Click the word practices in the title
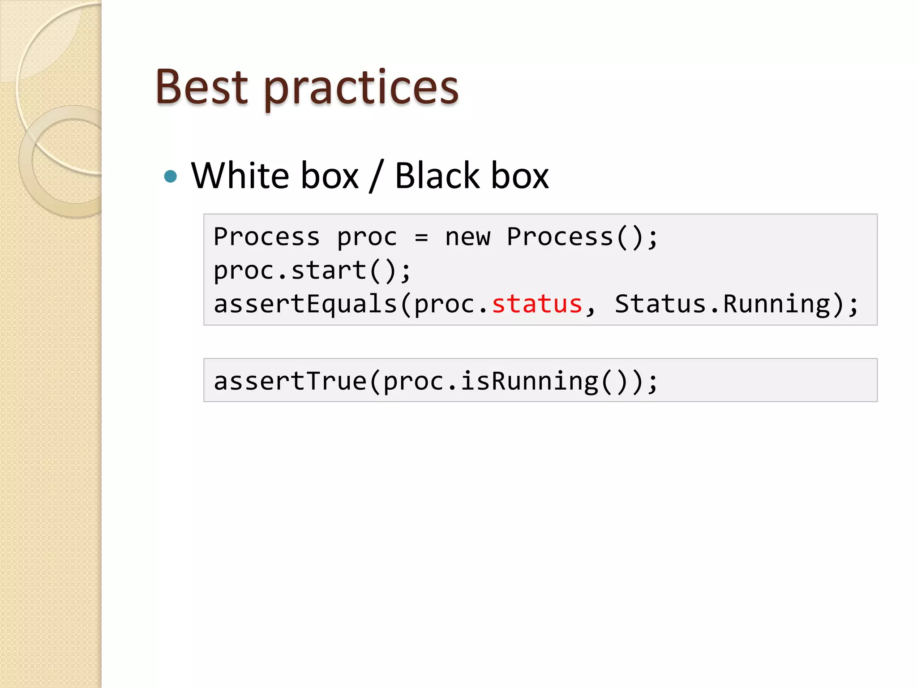point(361,90)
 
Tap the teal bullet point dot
point(171,176)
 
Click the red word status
point(537,304)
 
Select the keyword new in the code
point(468,237)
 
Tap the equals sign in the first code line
point(421,237)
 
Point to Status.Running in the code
point(722,304)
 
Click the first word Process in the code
point(267,237)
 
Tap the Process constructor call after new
point(560,237)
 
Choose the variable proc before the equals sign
point(367,238)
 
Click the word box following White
point(330,176)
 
